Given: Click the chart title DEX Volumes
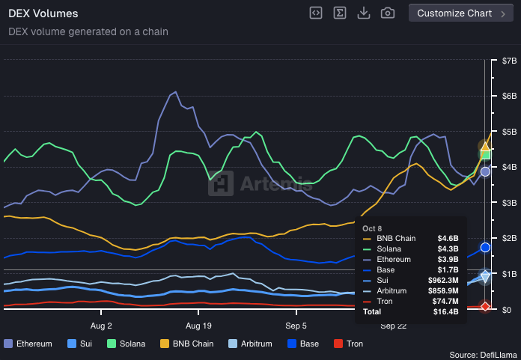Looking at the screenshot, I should pos(43,13).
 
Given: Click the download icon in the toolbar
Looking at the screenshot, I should pos(363,13).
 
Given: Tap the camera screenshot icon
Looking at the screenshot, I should pos(387,13).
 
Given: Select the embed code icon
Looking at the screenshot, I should pos(316,13).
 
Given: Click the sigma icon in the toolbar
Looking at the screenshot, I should pos(339,13).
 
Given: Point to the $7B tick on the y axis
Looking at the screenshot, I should pos(509,61).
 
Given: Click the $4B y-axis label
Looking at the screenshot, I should pos(509,167).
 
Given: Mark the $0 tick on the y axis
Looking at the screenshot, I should pos(507,310).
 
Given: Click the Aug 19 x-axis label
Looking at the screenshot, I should pos(198,326).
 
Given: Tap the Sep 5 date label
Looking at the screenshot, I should pos(296,326).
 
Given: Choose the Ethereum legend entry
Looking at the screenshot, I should pos(28,344).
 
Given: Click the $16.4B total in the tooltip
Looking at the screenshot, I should pos(447,311).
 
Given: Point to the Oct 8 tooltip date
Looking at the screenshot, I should pos(372,228).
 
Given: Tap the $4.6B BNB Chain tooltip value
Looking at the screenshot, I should pos(448,238).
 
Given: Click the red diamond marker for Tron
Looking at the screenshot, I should pos(485,306).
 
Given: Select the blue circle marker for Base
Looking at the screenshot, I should pos(485,247).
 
